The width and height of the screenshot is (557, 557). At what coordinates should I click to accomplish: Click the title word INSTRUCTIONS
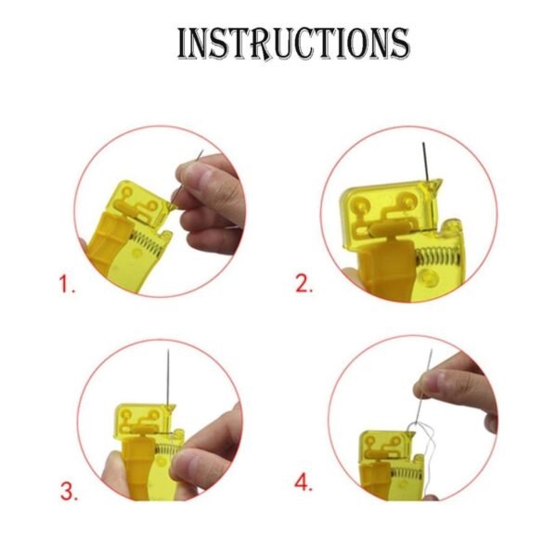pos(292,44)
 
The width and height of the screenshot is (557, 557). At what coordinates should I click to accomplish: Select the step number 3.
pos(69,491)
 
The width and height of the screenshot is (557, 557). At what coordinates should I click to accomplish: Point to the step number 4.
pos(304,483)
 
